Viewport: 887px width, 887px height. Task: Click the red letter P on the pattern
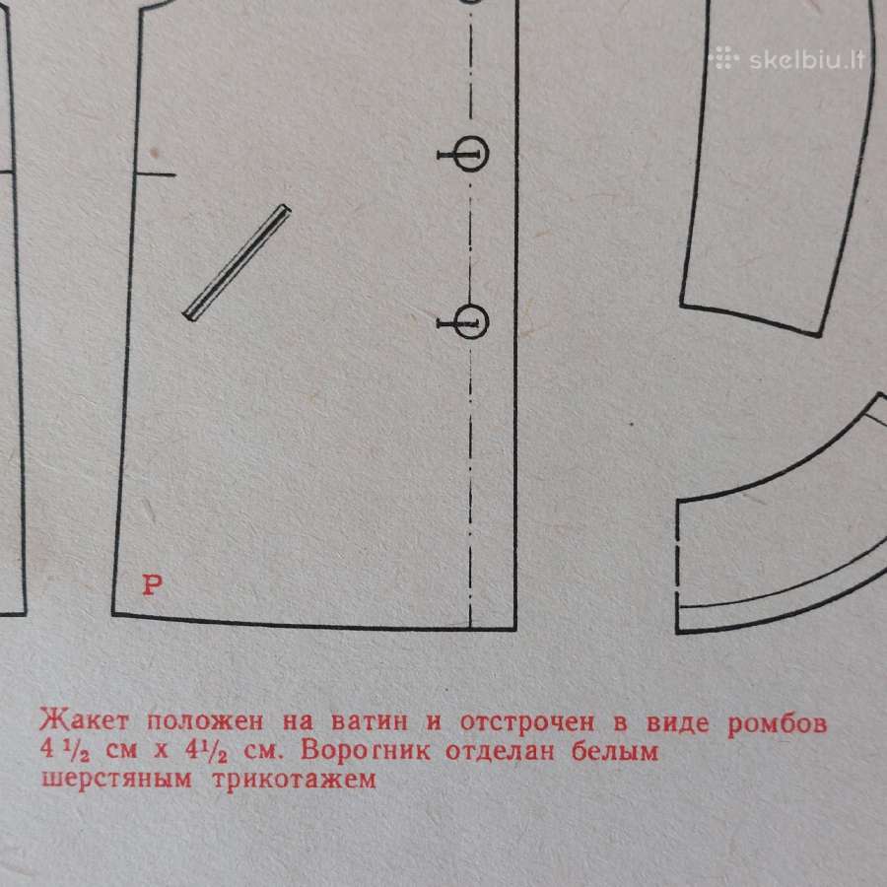pos(152,584)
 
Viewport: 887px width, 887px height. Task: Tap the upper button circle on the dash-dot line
pos(471,154)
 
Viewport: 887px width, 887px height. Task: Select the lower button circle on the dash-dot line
pos(471,322)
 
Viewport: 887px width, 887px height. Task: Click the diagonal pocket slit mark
pos(237,263)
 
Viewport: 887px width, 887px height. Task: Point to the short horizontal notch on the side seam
pos(156,174)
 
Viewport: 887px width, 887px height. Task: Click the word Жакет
pos(84,721)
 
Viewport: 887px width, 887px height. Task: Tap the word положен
pos(205,722)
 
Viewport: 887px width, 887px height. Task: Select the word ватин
pos(369,721)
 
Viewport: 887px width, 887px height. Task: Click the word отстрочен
pos(527,722)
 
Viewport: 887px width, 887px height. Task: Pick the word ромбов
pos(777,723)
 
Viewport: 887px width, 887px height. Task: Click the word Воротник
pos(366,751)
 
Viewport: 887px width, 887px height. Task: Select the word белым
pos(615,752)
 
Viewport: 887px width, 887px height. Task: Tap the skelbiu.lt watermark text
pos(807,60)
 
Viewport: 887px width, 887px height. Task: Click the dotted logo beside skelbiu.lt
pos(723,58)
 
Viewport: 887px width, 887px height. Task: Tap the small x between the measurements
pos(162,752)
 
